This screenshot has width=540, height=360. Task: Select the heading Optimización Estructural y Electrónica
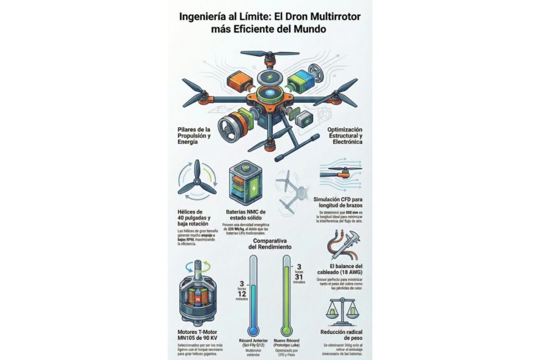345,135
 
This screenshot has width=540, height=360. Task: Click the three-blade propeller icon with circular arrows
197,184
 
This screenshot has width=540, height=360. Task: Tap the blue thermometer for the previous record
253,296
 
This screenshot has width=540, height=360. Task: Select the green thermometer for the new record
287,296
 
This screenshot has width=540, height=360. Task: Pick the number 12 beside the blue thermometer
242,293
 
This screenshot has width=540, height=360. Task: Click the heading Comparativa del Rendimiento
270,243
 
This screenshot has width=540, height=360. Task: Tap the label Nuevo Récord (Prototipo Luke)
287,343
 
